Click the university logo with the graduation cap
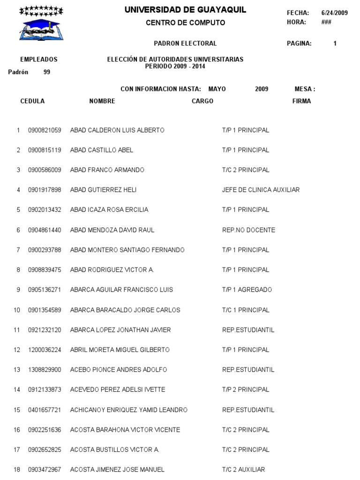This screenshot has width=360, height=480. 41,24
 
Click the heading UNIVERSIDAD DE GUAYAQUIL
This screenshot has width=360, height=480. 185,10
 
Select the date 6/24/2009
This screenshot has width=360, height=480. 335,13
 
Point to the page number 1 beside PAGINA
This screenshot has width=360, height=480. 335,44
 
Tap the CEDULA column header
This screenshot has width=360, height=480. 32,101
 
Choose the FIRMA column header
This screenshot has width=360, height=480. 301,101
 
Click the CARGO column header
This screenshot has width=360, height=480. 202,101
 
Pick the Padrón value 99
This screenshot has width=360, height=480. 47,72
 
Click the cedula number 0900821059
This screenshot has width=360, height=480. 45,130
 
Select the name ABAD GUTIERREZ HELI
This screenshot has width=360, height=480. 103,190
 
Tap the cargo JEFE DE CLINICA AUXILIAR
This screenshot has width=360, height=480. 261,190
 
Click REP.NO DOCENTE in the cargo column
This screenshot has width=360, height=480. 248,230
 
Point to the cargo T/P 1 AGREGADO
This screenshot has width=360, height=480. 247,290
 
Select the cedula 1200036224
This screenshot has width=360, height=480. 45,350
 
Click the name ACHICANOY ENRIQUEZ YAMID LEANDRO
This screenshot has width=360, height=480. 128,410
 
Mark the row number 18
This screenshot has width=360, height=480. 17,469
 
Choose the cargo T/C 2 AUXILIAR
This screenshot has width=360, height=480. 243,469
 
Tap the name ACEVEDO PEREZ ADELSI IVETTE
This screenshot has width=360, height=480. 117,390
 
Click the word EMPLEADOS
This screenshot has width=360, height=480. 39,60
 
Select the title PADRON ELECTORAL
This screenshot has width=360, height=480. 185,44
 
